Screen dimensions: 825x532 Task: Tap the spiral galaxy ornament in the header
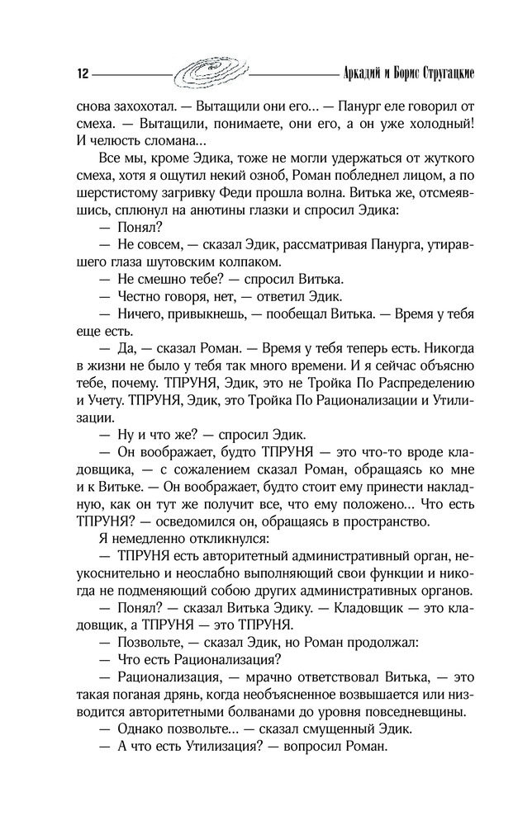[210, 72]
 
